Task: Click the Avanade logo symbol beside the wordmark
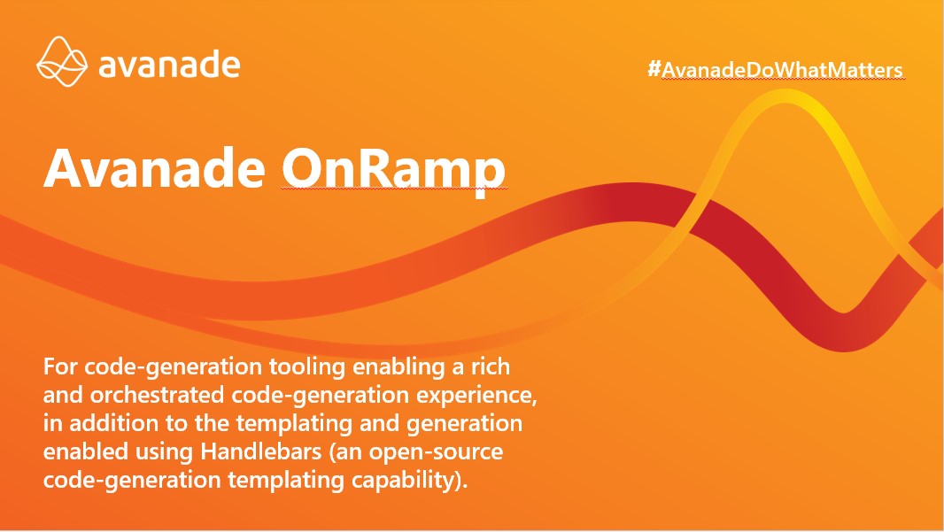[x=62, y=63]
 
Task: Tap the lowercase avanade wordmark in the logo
[x=169, y=65]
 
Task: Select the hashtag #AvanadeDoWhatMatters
[x=775, y=70]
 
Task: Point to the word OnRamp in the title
[x=393, y=167]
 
